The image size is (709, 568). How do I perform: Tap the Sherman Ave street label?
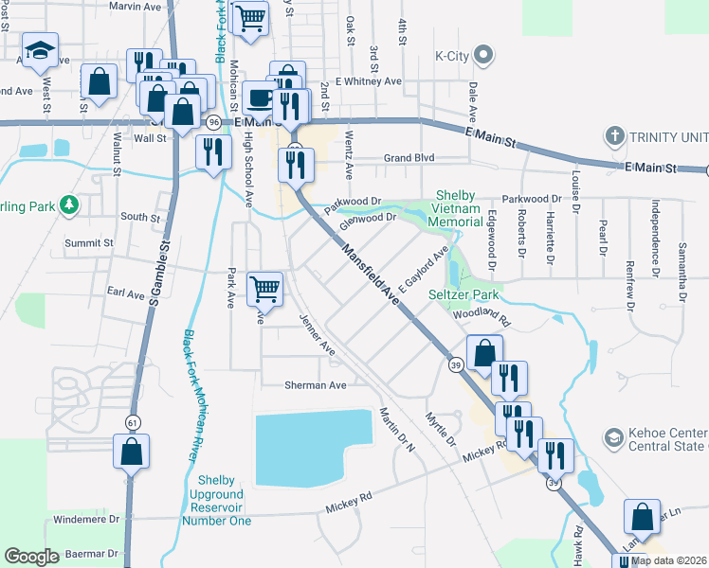click(316, 385)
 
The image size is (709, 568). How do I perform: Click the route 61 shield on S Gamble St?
click(131, 420)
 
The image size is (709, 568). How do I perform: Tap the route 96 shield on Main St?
click(214, 123)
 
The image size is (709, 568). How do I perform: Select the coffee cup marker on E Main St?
click(260, 98)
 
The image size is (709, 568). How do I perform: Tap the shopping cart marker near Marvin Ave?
click(250, 20)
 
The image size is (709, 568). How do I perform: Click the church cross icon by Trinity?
click(614, 135)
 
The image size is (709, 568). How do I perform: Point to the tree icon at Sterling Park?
click(68, 204)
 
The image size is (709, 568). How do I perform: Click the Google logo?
click(31, 556)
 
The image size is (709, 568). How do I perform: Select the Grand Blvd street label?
click(408, 158)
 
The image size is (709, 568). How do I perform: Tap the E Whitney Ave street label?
click(369, 81)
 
